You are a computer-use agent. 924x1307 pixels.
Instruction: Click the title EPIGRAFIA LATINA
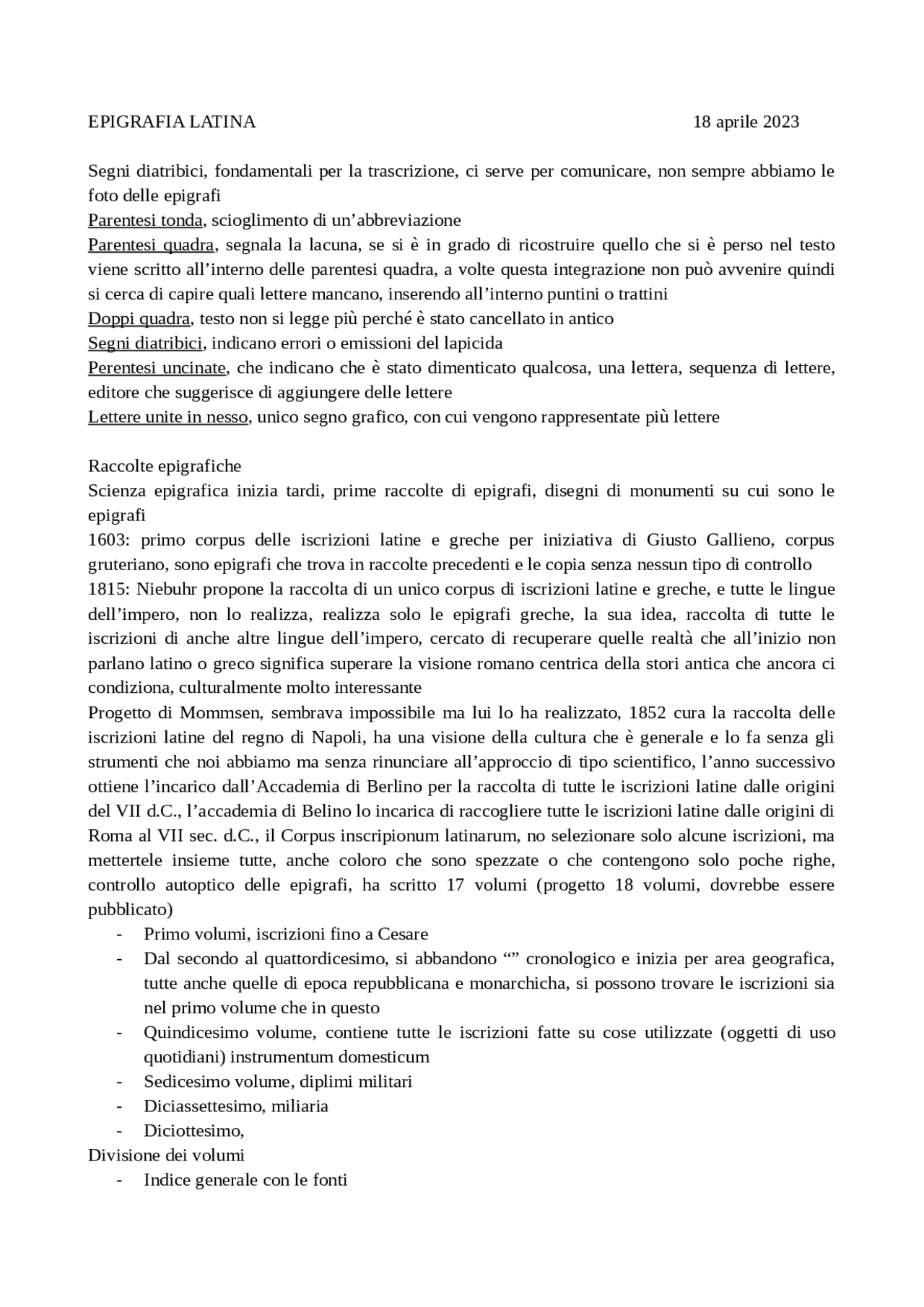click(172, 122)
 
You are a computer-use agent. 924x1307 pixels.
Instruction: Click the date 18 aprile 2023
click(746, 122)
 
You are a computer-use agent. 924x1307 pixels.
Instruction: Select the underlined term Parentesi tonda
click(144, 220)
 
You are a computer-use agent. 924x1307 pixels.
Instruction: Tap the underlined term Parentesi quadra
click(151, 245)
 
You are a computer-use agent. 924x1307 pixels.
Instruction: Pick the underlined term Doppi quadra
click(139, 318)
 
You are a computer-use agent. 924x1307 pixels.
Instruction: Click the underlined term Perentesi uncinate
click(157, 368)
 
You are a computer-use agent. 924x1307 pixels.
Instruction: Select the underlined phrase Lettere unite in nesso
click(167, 417)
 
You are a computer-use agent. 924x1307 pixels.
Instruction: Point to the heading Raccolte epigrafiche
click(165, 466)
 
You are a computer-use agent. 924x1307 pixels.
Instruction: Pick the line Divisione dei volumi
click(166, 1155)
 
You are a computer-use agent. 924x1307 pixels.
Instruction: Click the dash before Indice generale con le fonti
click(119, 1181)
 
